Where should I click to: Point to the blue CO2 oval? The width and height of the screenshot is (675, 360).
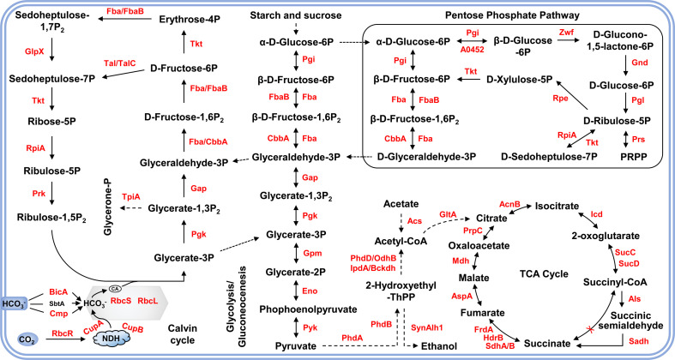28,339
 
